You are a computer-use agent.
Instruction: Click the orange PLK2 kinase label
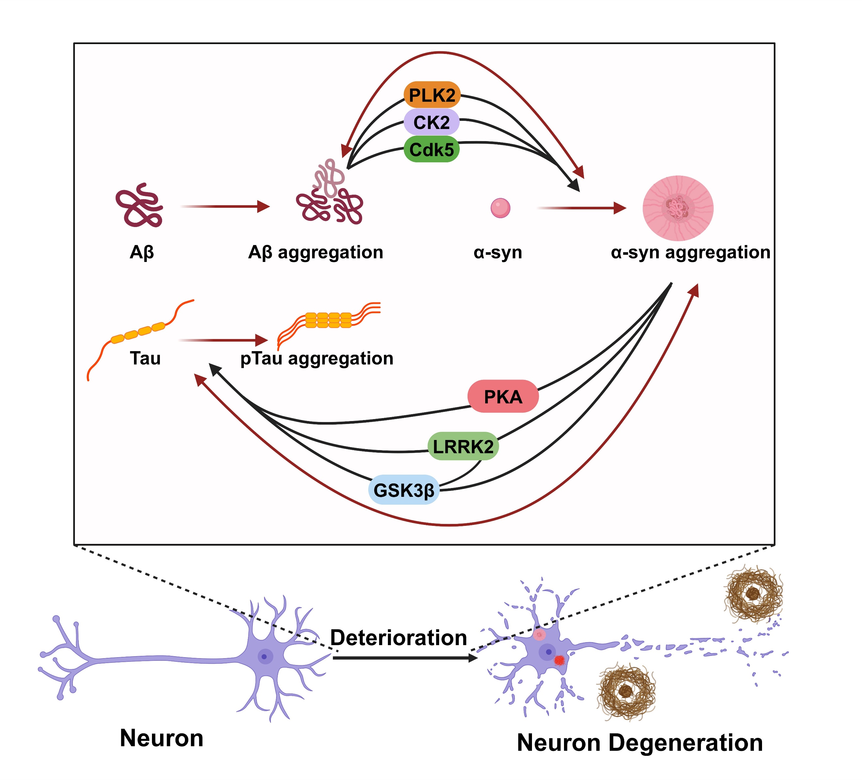coord(432,95)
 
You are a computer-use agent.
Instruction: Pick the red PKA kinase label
coord(503,397)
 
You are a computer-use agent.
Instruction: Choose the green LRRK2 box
coord(463,447)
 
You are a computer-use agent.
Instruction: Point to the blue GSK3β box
coord(404,490)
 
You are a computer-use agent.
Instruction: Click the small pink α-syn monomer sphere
coord(500,208)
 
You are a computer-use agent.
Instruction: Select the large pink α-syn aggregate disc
coord(678,208)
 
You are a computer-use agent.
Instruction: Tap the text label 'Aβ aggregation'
coord(316,252)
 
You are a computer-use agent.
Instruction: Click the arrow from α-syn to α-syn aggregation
coord(582,208)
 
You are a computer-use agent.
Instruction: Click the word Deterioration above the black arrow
coord(399,638)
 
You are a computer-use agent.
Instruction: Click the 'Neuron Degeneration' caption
coord(640,743)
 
